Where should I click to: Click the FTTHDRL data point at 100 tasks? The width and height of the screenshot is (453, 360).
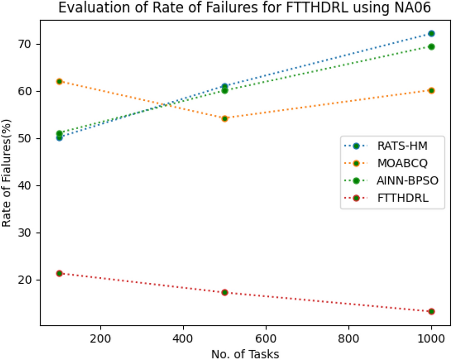(60, 273)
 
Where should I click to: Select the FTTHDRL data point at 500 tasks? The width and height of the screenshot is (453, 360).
(225, 292)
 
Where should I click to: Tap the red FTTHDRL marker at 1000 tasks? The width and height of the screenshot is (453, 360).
(431, 311)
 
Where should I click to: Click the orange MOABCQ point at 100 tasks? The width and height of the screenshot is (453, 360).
(60, 82)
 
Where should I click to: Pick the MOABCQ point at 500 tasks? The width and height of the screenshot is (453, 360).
(225, 119)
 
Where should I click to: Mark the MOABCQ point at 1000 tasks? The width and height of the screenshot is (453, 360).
(431, 90)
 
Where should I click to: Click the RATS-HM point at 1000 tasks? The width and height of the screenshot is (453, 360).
(431, 34)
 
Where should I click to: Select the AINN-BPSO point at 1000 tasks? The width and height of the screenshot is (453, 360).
(431, 47)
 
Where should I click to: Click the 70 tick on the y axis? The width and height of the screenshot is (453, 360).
(30, 44)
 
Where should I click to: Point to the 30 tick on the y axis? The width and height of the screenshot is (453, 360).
(30, 233)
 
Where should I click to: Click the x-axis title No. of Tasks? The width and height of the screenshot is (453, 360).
(245, 353)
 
